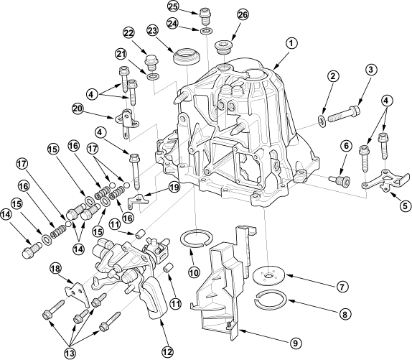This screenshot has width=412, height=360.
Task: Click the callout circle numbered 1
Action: coord(291,44)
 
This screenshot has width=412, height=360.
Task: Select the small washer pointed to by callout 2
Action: coord(322,120)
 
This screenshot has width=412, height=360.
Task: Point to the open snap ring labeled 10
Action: coord(195,237)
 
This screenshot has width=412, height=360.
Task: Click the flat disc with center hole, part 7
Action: coord(268,276)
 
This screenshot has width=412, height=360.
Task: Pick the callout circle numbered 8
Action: coord(345,314)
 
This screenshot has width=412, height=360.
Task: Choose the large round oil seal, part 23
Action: coord(187,57)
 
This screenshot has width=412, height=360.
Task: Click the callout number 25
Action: coord(174,7)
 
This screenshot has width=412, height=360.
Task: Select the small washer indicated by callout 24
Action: coord(206,31)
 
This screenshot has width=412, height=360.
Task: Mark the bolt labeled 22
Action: coord(151,63)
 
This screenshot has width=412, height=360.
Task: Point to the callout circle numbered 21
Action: coord(121,55)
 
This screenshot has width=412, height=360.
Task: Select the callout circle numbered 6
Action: coord(346,146)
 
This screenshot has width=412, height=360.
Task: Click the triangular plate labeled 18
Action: coord(78,295)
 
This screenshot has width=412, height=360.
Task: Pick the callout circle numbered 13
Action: coord(70,353)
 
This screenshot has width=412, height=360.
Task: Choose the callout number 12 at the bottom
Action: coord(167,351)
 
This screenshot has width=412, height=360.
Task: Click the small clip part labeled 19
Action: coord(139,200)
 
